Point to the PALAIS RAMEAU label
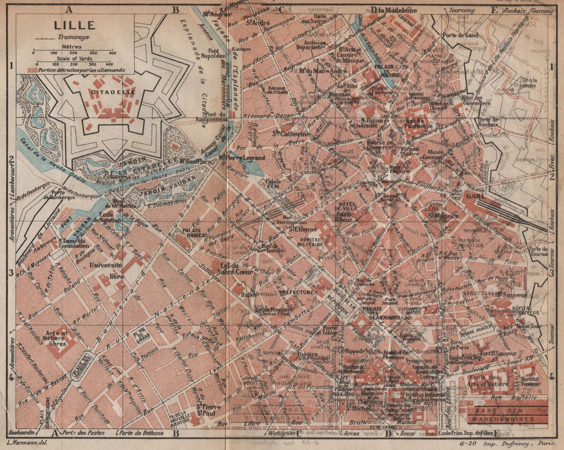191,230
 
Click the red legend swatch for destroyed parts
34,70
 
